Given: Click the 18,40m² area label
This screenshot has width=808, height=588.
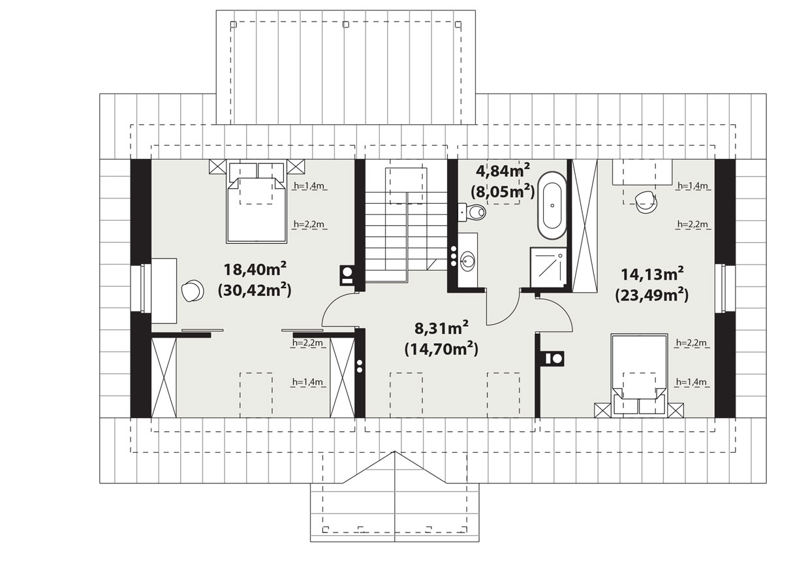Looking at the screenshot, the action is (x=255, y=269).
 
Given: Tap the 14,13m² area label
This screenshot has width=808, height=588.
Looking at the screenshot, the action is (x=652, y=274).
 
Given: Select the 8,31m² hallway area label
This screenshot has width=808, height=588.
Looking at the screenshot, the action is (x=441, y=329).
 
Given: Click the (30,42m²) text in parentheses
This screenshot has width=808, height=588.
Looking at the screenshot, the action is (x=255, y=290).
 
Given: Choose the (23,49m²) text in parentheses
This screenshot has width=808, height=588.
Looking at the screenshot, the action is (x=652, y=295).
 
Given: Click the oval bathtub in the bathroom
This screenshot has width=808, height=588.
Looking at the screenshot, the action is (x=552, y=206).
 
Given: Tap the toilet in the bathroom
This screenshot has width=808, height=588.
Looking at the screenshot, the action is (x=472, y=212).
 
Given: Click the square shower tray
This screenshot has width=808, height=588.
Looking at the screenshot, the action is (x=548, y=268).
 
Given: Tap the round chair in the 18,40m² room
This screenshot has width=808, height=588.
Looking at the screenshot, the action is (x=193, y=290).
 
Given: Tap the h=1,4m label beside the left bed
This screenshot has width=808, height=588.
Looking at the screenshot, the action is (x=309, y=186).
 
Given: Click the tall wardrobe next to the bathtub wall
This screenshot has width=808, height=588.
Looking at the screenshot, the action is (x=584, y=225).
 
